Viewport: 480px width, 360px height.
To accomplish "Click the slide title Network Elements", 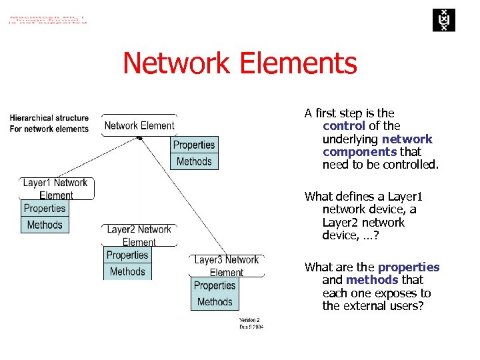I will tap(240, 64).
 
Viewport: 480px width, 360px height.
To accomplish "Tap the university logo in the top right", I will tap(441, 20).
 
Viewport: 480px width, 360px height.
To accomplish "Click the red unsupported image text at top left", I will tap(47, 18).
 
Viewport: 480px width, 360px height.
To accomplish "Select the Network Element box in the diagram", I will tap(139, 125).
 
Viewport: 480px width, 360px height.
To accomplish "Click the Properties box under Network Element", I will tap(194, 145).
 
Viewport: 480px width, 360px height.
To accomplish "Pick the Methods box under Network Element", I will tap(194, 161).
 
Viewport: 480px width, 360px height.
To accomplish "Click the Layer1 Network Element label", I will tap(56, 189).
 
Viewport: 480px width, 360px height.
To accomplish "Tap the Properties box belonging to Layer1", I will tap(45, 208).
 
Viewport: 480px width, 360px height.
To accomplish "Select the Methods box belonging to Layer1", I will tap(45, 225).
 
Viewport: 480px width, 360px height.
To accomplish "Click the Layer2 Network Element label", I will tap(139, 235).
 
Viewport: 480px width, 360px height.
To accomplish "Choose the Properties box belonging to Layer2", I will tap(127, 255).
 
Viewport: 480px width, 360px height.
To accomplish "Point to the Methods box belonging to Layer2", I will tap(127, 271).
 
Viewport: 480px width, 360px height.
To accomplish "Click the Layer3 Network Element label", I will tap(227, 265).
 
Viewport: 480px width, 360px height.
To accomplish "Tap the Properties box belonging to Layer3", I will tap(215, 285).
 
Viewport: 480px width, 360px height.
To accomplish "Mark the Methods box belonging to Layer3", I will tap(215, 302).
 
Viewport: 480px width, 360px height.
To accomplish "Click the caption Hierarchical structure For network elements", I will tap(49, 123).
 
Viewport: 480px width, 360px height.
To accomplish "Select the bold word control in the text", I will tap(343, 126).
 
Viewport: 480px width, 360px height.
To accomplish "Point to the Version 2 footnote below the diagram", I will tap(251, 323).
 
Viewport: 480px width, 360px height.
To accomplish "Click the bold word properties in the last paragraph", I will tap(409, 267).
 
